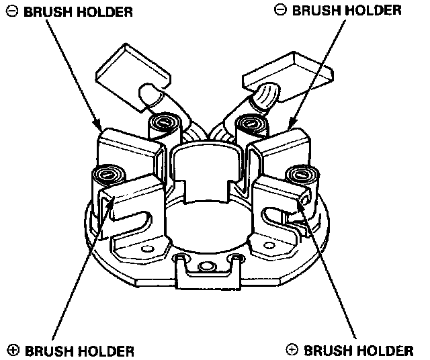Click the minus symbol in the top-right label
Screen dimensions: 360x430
click(x=281, y=10)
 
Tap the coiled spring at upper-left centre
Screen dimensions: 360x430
click(x=162, y=123)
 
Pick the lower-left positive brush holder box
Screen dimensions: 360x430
click(x=131, y=201)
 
